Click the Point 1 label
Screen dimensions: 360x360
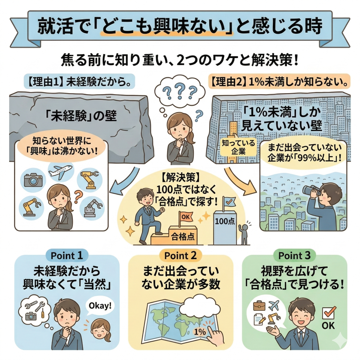click(x=67, y=256)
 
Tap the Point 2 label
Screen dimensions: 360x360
click(x=180, y=256)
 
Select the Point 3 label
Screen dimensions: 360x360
click(x=294, y=256)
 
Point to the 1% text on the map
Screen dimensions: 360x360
click(x=200, y=331)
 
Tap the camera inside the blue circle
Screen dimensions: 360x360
click(x=33, y=179)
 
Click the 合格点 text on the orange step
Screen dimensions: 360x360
click(x=183, y=237)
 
